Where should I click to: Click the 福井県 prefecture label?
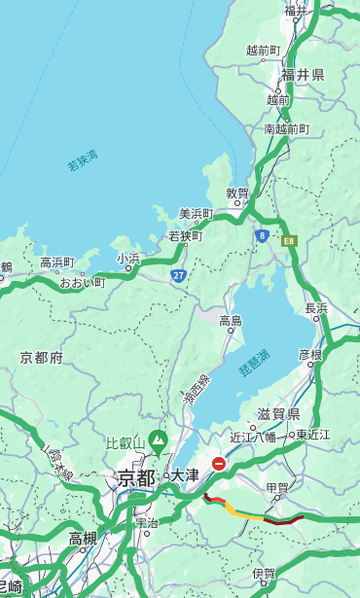point(303,75)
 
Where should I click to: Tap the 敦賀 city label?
point(237,193)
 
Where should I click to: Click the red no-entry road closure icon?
point(219,464)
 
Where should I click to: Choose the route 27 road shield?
point(179,275)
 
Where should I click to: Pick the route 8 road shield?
point(262,235)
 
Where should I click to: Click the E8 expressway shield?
point(289,239)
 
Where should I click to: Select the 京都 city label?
point(135,477)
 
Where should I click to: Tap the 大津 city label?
point(185,475)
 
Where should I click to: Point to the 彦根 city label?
point(309,355)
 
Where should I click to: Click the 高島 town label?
point(231,321)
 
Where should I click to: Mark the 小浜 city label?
point(128,259)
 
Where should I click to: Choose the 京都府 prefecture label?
point(41,358)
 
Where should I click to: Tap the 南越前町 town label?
point(286,128)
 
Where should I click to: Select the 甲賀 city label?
point(276,487)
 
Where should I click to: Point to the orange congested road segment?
point(243,512)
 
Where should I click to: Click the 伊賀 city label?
point(263,575)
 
